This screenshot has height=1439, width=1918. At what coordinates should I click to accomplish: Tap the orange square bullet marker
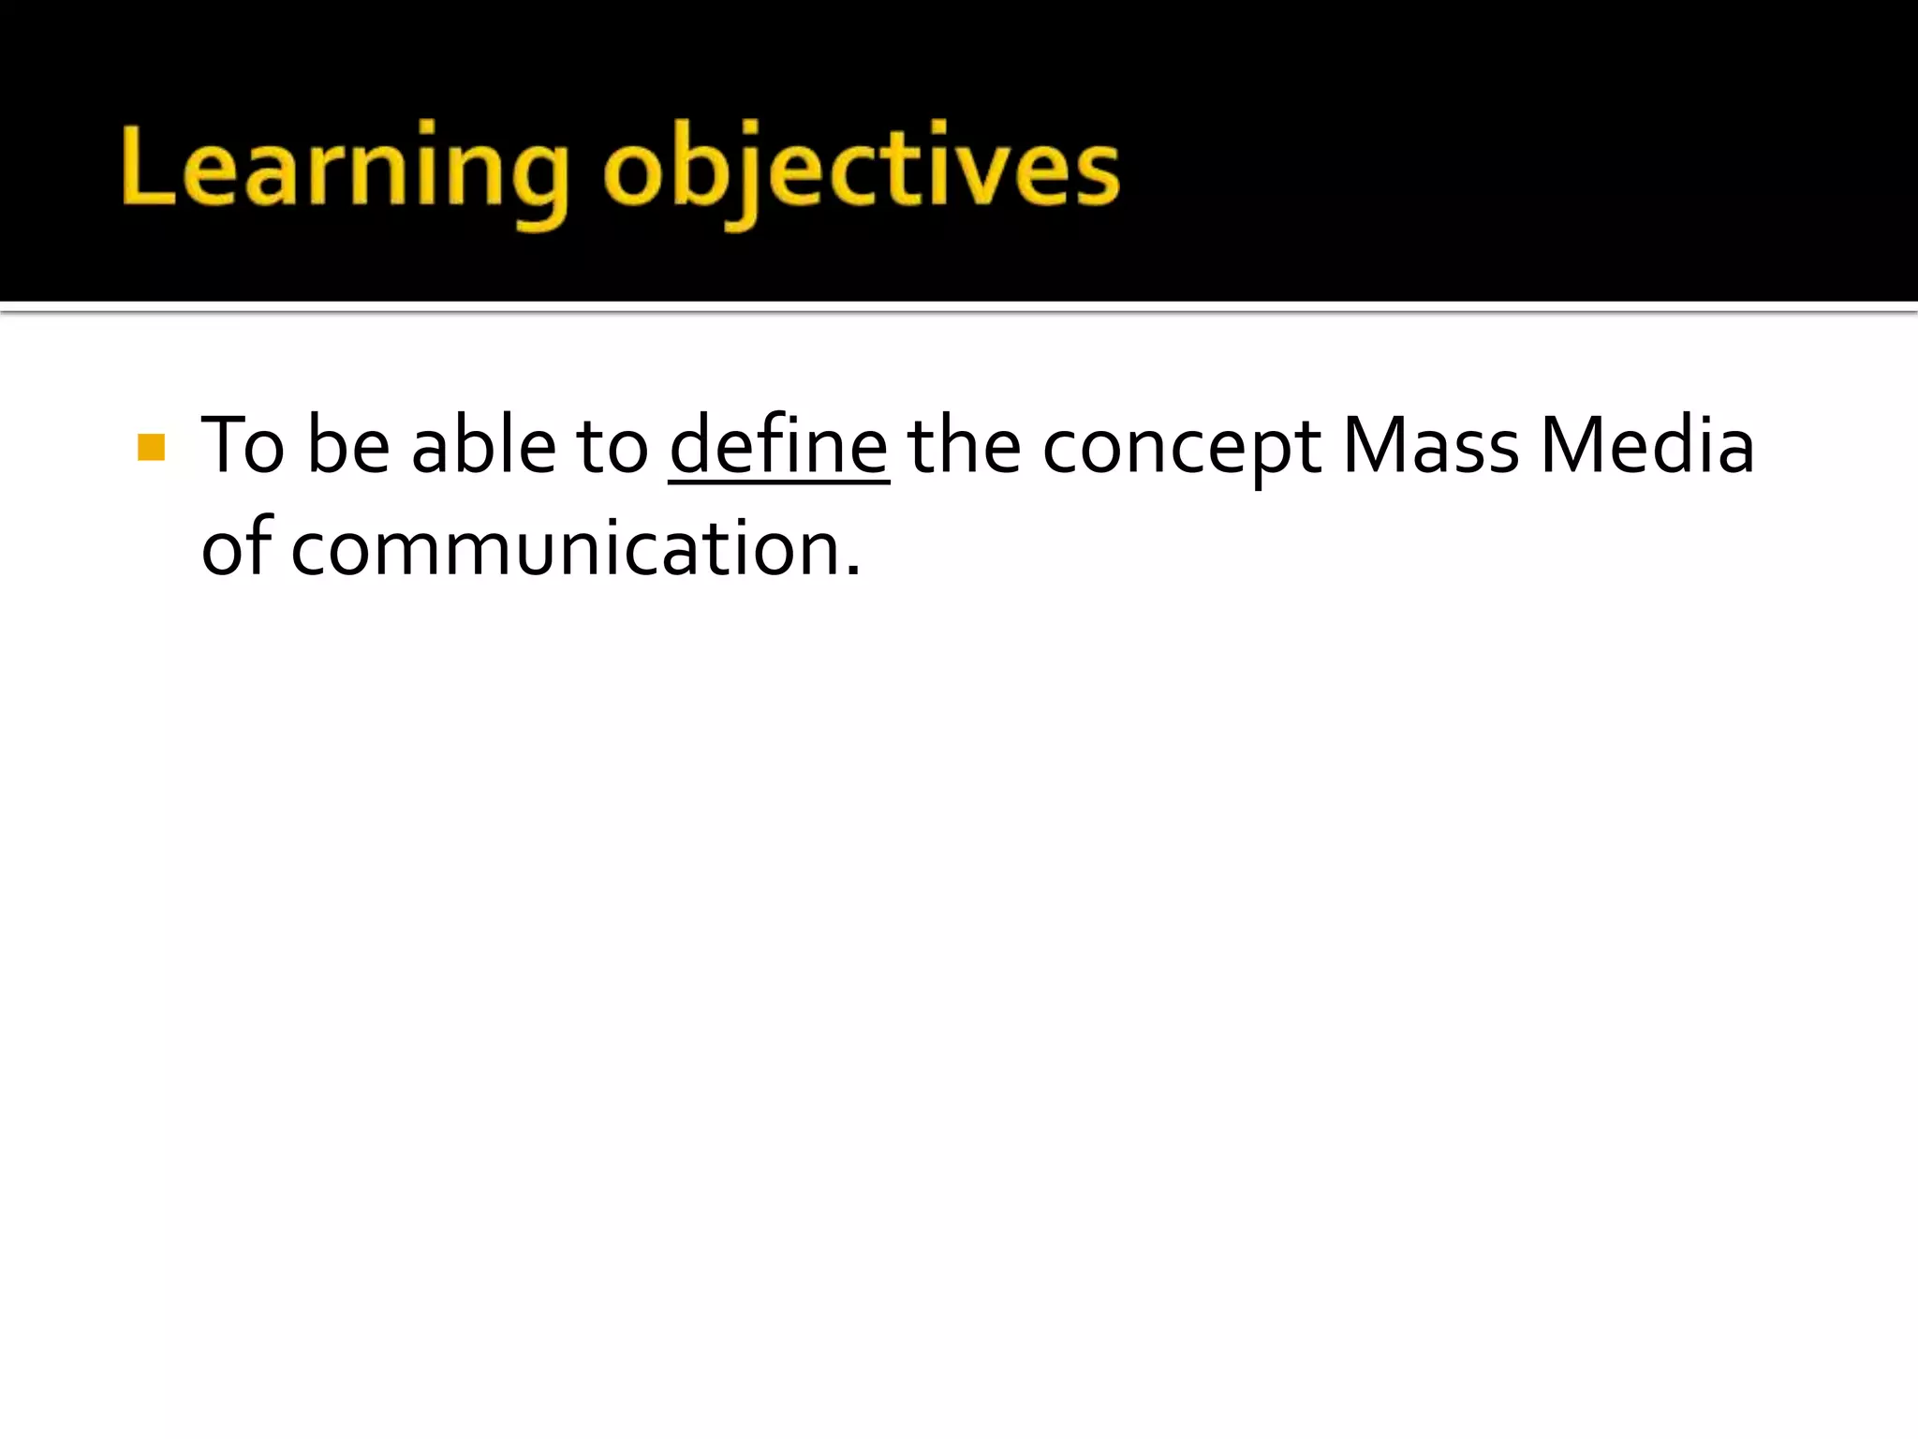pos(151,448)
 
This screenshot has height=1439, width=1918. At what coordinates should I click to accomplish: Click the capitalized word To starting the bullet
pos(242,446)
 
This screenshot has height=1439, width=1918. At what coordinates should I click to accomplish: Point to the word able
pos(483,446)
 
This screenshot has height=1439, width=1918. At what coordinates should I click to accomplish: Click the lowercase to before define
pos(612,448)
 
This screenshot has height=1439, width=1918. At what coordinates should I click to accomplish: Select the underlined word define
pos(778,446)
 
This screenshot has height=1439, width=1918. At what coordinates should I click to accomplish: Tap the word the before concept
pos(964,446)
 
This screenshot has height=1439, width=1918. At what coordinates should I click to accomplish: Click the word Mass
pos(1430,446)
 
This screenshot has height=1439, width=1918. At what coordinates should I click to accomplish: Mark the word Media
pos(1647,446)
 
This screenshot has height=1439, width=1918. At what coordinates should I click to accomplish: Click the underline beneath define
pos(778,482)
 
